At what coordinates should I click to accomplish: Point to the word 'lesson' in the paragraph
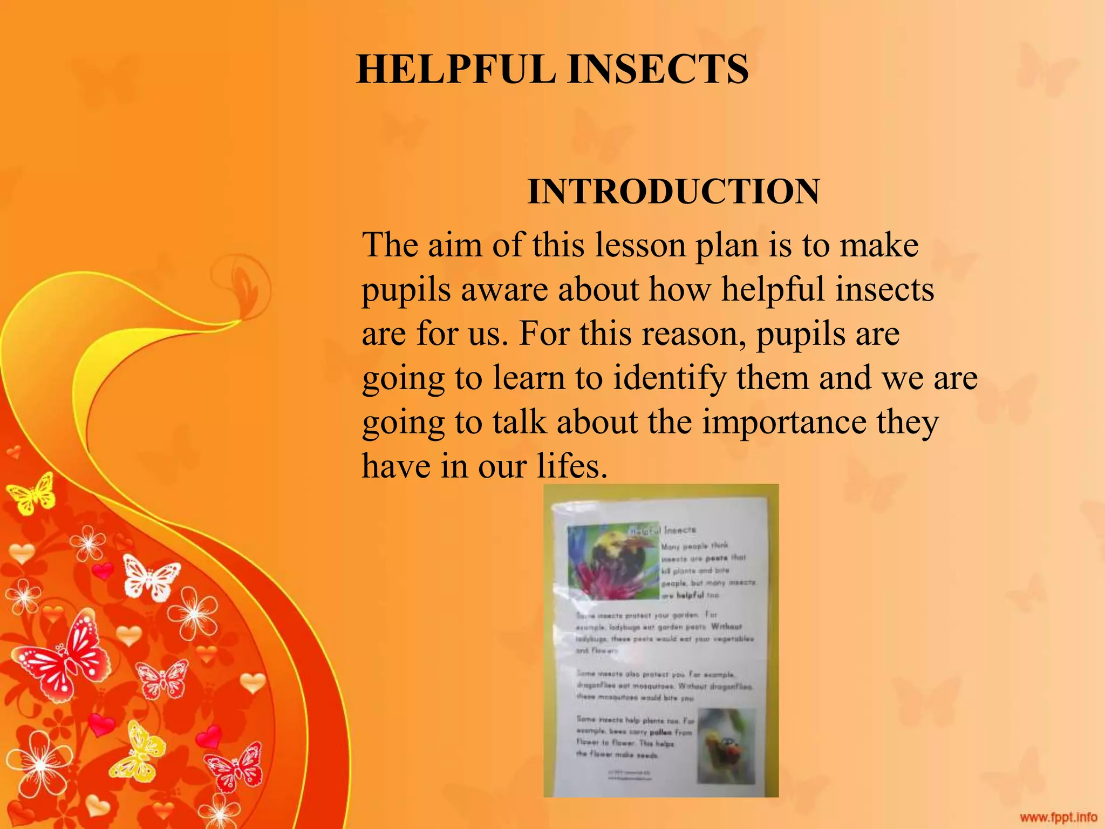(639, 245)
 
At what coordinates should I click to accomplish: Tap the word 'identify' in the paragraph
(670, 378)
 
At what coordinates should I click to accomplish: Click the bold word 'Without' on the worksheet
(726, 627)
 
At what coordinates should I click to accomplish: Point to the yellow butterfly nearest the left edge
(32, 493)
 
